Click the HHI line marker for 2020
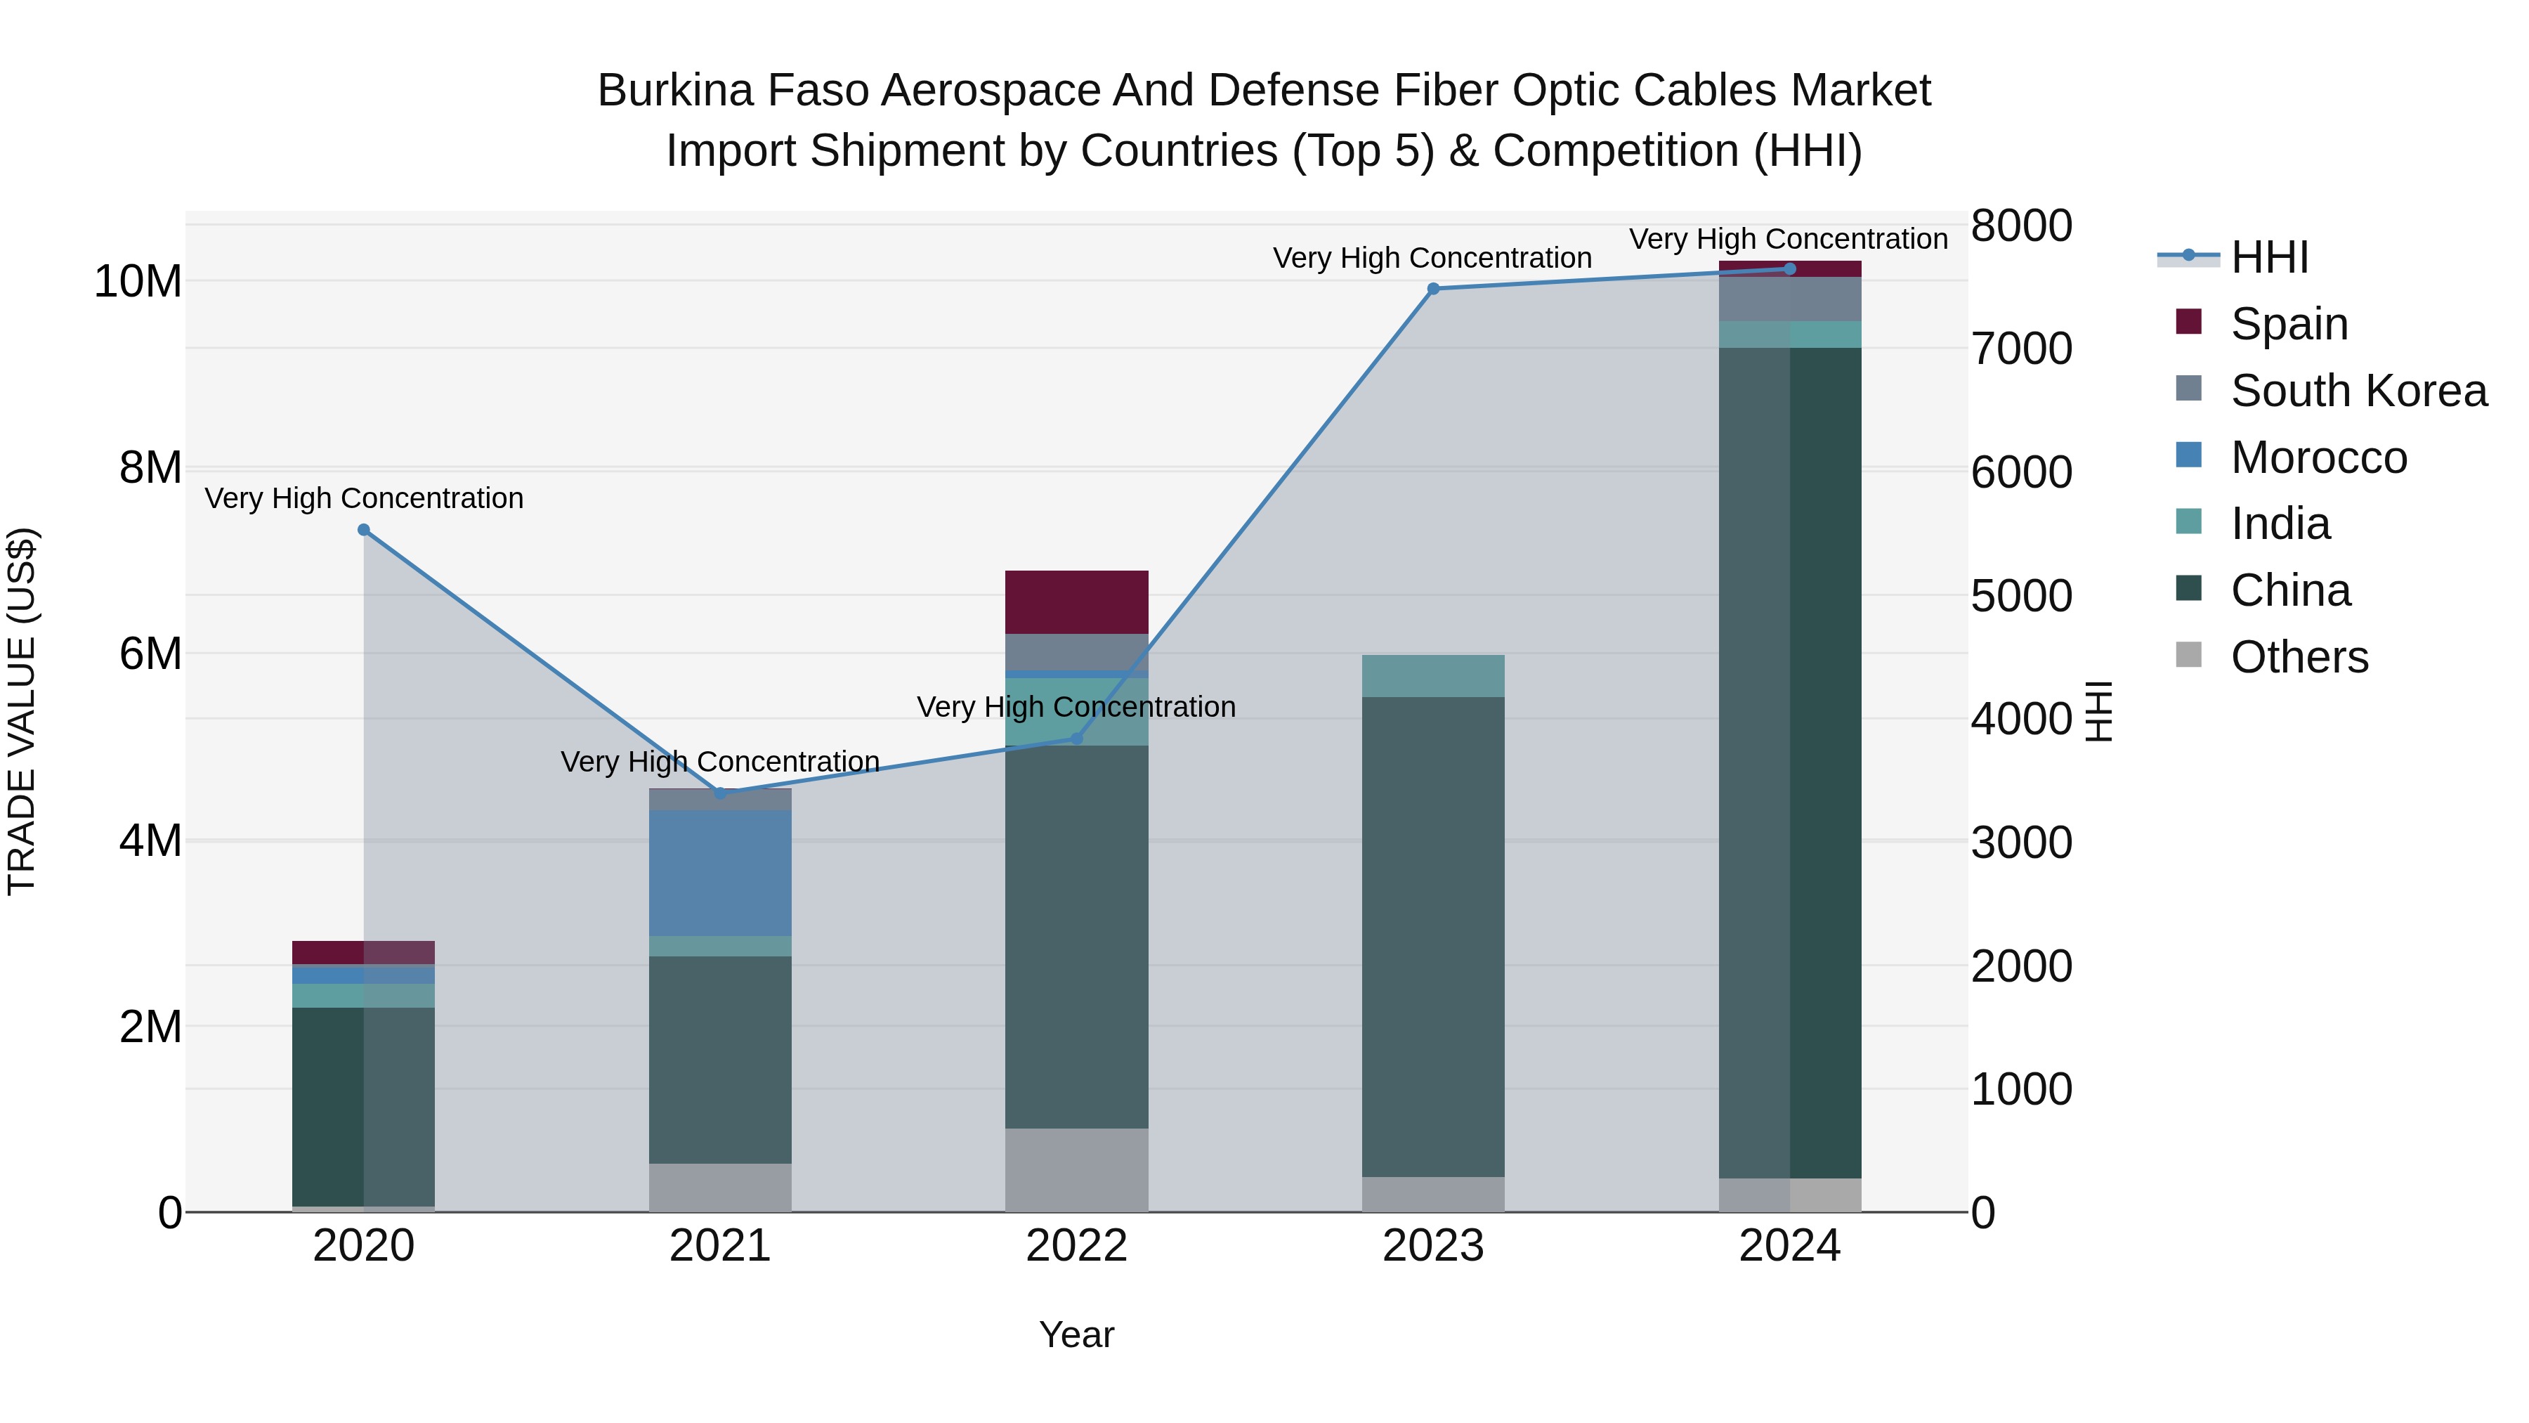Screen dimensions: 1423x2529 [x=363, y=531]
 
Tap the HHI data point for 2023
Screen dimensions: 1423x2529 [x=1433, y=289]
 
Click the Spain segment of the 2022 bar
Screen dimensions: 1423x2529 [x=1077, y=602]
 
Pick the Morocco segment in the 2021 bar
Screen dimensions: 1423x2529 [x=719, y=873]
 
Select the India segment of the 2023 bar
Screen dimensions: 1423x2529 [x=1433, y=675]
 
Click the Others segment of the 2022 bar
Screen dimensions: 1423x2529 [x=1077, y=1169]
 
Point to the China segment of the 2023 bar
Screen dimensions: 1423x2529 [x=1433, y=937]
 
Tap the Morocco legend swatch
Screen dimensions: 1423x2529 [x=2188, y=455]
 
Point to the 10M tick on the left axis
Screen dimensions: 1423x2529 [x=138, y=282]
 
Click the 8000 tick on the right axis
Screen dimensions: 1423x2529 [x=2021, y=226]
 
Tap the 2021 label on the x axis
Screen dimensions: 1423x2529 [x=719, y=1246]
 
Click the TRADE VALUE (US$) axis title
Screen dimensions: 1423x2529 [x=22, y=711]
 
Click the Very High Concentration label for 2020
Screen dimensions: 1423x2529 [x=363, y=499]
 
